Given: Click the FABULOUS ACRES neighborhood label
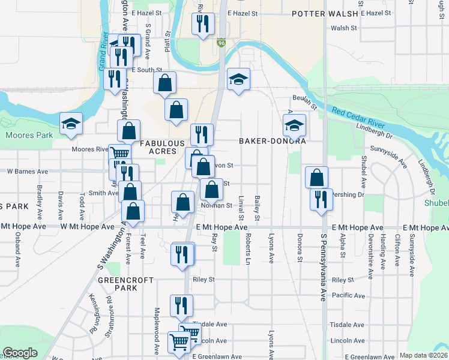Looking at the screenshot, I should click(x=162, y=148).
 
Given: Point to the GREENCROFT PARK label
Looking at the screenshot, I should click(x=118, y=284).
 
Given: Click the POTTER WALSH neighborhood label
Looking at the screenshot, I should click(x=324, y=13).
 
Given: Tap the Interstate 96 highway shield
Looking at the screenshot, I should click(x=221, y=43).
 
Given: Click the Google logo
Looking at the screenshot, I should click(x=20, y=353).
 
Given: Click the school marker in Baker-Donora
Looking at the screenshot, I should click(x=294, y=125).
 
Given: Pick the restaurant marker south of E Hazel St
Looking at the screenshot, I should click(x=202, y=23).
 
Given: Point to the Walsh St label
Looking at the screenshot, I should click(x=343, y=28).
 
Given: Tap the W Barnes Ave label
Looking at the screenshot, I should click(x=27, y=172).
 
